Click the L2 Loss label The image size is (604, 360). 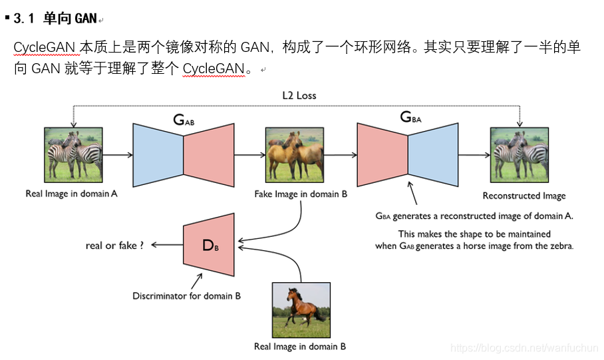[299, 95]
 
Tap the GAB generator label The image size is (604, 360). [183, 120]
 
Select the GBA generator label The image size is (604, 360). [410, 117]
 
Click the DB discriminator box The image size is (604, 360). [210, 245]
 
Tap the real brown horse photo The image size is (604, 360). [301, 310]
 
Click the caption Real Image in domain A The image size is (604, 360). [72, 194]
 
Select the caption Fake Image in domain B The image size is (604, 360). [301, 194]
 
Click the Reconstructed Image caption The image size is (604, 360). [524, 196]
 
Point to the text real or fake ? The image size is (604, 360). [115, 246]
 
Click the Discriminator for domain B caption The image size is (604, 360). [186, 295]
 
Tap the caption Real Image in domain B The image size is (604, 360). [300, 347]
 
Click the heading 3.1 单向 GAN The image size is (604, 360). [55, 19]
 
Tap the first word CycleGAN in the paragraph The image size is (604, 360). [45, 48]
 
